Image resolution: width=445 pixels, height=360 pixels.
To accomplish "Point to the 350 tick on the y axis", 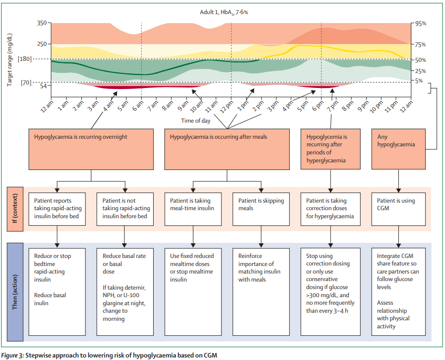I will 41,23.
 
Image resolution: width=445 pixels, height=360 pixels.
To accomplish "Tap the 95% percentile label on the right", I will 420,23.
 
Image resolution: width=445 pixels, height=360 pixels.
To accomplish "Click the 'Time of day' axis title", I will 195,121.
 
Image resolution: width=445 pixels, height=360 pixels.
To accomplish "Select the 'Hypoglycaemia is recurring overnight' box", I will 90,148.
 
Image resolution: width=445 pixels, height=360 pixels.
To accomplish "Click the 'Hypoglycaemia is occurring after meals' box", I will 227,148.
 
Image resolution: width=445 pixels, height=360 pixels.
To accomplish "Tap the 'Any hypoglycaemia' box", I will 399,148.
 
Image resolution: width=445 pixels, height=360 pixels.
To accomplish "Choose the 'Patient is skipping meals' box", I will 261,208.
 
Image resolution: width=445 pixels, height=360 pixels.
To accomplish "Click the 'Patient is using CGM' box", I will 399,208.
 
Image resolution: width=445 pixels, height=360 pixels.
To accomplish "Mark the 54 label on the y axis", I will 43,86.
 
